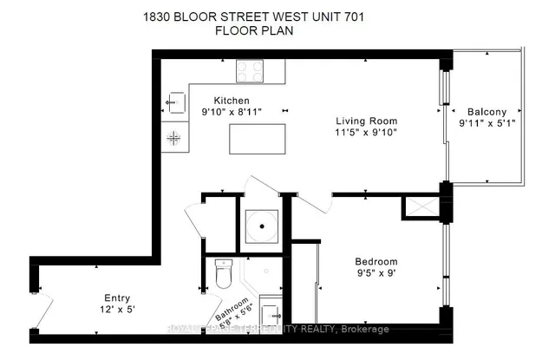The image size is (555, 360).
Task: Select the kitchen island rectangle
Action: coord(257,139)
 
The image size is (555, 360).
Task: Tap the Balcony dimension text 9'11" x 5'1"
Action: coord(486,124)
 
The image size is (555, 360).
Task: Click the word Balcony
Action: coord(487,112)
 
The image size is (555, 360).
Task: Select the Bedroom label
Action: coord(376,262)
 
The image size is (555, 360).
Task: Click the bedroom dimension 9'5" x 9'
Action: coord(376,274)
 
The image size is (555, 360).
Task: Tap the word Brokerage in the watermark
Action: coord(365,330)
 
